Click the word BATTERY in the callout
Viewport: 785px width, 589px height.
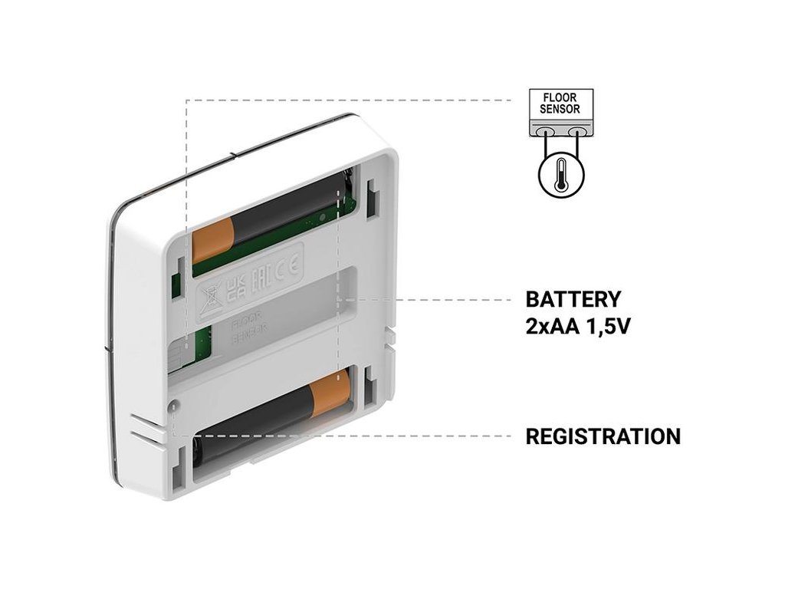tap(573, 299)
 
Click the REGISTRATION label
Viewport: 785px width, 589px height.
tap(603, 436)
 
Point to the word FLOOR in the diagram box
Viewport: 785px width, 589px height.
tap(561, 98)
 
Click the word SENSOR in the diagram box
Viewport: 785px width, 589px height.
tap(561, 109)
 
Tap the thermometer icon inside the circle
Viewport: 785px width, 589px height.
tap(561, 173)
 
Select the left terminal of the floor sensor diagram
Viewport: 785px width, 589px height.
tap(546, 130)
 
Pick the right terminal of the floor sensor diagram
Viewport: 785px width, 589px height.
tap(576, 130)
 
